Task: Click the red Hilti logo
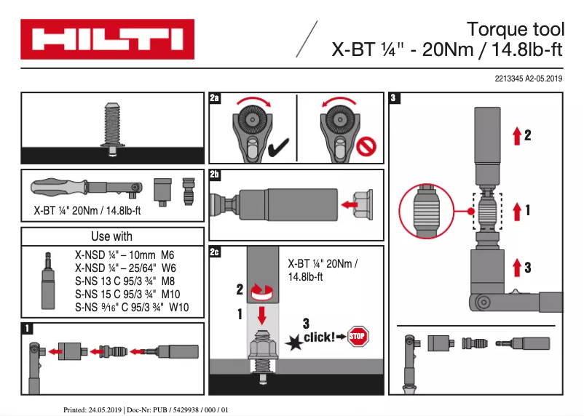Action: pos(107,39)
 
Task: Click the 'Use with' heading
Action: pos(111,236)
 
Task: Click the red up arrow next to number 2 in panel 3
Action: pos(516,135)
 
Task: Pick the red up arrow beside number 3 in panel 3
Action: pos(516,267)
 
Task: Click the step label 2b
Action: pos(215,175)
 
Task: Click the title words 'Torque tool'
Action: pos(515,30)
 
